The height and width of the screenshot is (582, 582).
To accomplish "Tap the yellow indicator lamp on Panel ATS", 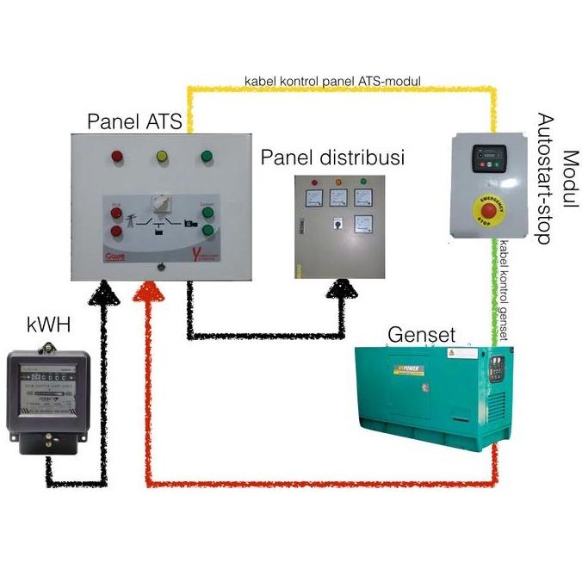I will coord(161,158).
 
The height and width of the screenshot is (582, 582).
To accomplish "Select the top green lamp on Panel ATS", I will coord(206,157).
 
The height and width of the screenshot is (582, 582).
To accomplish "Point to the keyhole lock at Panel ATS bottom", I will coord(161,266).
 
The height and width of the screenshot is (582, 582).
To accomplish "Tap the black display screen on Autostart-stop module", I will coord(486,159).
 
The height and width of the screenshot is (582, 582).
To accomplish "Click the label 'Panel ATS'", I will coord(135,122).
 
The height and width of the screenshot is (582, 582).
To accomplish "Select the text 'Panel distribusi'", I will coord(333,158).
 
